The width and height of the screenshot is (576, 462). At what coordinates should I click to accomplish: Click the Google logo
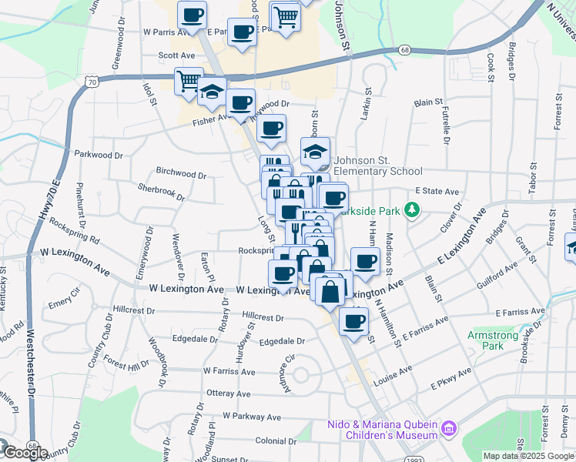25,452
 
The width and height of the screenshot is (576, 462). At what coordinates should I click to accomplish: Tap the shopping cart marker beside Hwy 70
189,81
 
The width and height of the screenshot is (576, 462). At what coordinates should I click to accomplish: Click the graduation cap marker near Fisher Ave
211,91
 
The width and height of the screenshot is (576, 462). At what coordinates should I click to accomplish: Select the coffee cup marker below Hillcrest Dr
353,321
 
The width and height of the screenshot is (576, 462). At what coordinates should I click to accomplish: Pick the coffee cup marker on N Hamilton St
365,261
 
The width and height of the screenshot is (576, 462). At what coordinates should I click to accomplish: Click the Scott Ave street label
176,55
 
